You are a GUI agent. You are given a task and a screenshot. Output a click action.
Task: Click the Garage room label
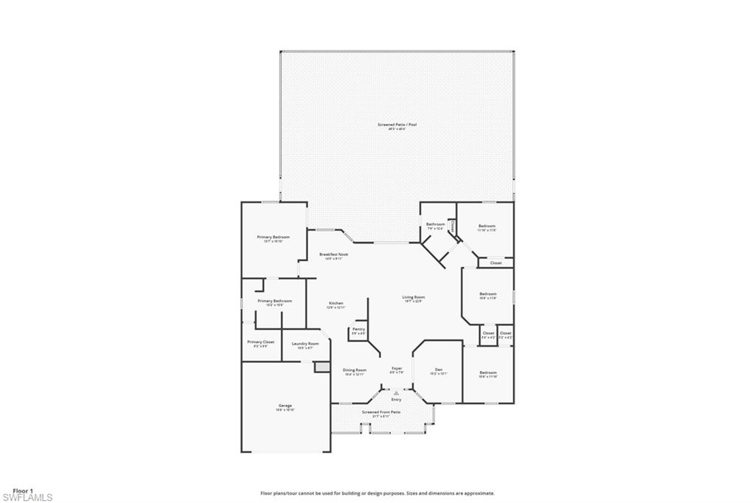coord(285,406)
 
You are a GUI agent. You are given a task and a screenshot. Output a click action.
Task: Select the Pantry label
coord(358,329)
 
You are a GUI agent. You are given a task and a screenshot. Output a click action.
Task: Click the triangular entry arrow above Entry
coord(396,393)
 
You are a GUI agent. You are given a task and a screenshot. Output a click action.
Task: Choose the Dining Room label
coord(355,370)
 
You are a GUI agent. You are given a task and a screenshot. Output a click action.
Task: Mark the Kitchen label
coord(336,303)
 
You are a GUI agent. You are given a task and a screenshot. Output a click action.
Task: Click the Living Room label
coord(414,297)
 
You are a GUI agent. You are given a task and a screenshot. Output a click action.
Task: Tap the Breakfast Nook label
coord(333,254)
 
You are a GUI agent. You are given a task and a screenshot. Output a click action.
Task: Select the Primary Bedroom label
coord(273,237)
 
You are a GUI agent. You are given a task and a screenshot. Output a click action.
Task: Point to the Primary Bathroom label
coord(274,301)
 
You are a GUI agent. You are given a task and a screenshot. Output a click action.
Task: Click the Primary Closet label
coord(260,341)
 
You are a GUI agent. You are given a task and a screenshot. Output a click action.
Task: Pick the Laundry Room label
coord(305,343)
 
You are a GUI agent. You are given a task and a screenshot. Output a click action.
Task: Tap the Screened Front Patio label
coord(380,412)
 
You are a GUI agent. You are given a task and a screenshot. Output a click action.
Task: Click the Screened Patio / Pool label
coord(397,125)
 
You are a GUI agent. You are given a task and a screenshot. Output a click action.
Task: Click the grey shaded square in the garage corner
coord(321,367)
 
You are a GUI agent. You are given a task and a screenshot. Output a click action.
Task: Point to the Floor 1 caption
coord(22,490)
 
